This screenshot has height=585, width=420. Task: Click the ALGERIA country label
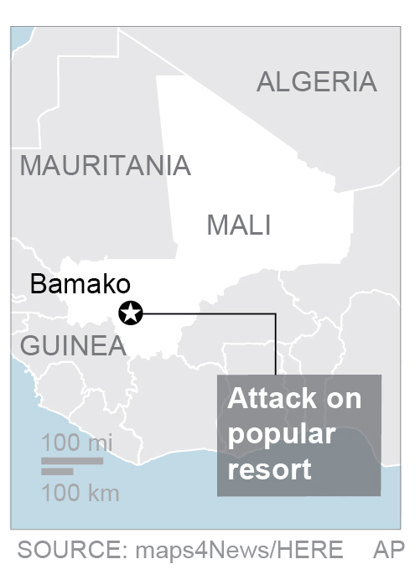coord(316,82)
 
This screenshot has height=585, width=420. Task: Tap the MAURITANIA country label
coord(106,165)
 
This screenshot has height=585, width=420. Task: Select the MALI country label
coord(239,225)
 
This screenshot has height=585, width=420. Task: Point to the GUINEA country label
coord(73,345)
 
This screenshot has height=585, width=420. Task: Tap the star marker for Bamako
coord(132,313)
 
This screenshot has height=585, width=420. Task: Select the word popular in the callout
coord(282,433)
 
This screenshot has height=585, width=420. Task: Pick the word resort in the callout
coord(270,469)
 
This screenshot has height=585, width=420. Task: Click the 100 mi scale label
coord(78,443)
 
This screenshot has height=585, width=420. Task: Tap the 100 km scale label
coord(80,492)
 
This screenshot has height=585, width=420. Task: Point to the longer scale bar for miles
coord(72,460)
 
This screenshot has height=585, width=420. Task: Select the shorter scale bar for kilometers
coord(57,472)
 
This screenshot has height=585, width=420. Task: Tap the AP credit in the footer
coord(388,550)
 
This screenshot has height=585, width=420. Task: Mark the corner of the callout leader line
coord(276,314)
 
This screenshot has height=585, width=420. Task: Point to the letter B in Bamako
coord(38,284)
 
